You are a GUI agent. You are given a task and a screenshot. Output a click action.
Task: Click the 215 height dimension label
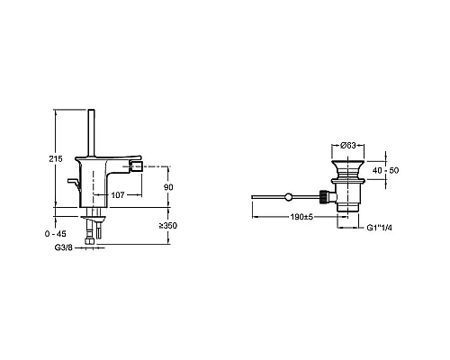coord(56,158)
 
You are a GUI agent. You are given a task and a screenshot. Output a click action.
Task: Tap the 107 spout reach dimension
coord(118,195)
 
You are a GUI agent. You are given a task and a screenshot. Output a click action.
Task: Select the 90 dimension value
coord(168,187)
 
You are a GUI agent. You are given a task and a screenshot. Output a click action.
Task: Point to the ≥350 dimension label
coord(168,226)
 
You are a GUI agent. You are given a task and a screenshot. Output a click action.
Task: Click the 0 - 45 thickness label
coord(56,234)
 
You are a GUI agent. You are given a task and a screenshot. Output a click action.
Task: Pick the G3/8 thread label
coord(64,247)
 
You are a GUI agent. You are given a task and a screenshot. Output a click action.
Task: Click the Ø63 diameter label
coord(348,145)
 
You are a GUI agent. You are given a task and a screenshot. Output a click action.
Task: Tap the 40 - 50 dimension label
coord(385,170)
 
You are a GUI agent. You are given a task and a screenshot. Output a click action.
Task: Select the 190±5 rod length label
coord(301,217)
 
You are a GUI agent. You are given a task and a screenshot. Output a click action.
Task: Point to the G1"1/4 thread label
coord(380,228)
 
